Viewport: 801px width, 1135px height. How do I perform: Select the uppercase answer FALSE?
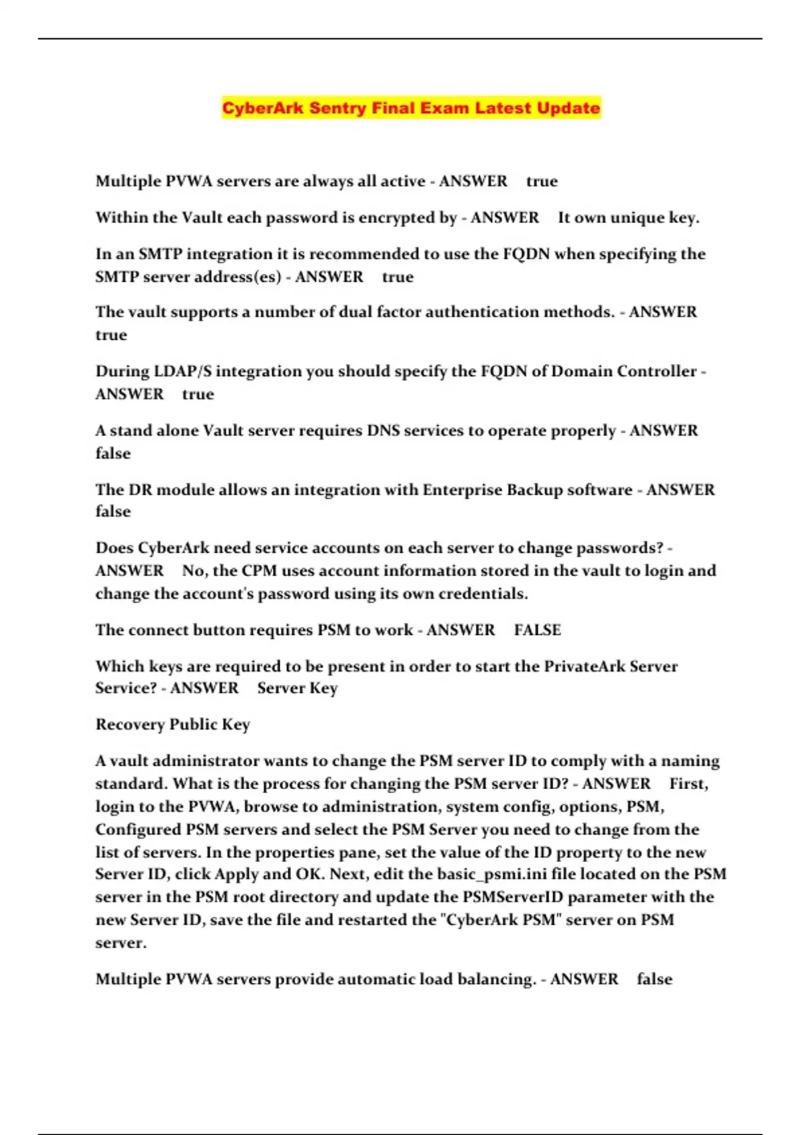click(x=537, y=630)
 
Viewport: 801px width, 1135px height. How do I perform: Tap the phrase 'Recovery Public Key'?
click(x=172, y=724)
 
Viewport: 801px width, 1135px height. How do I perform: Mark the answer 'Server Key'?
click(x=297, y=688)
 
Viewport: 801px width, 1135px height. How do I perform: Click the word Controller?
click(x=656, y=371)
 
